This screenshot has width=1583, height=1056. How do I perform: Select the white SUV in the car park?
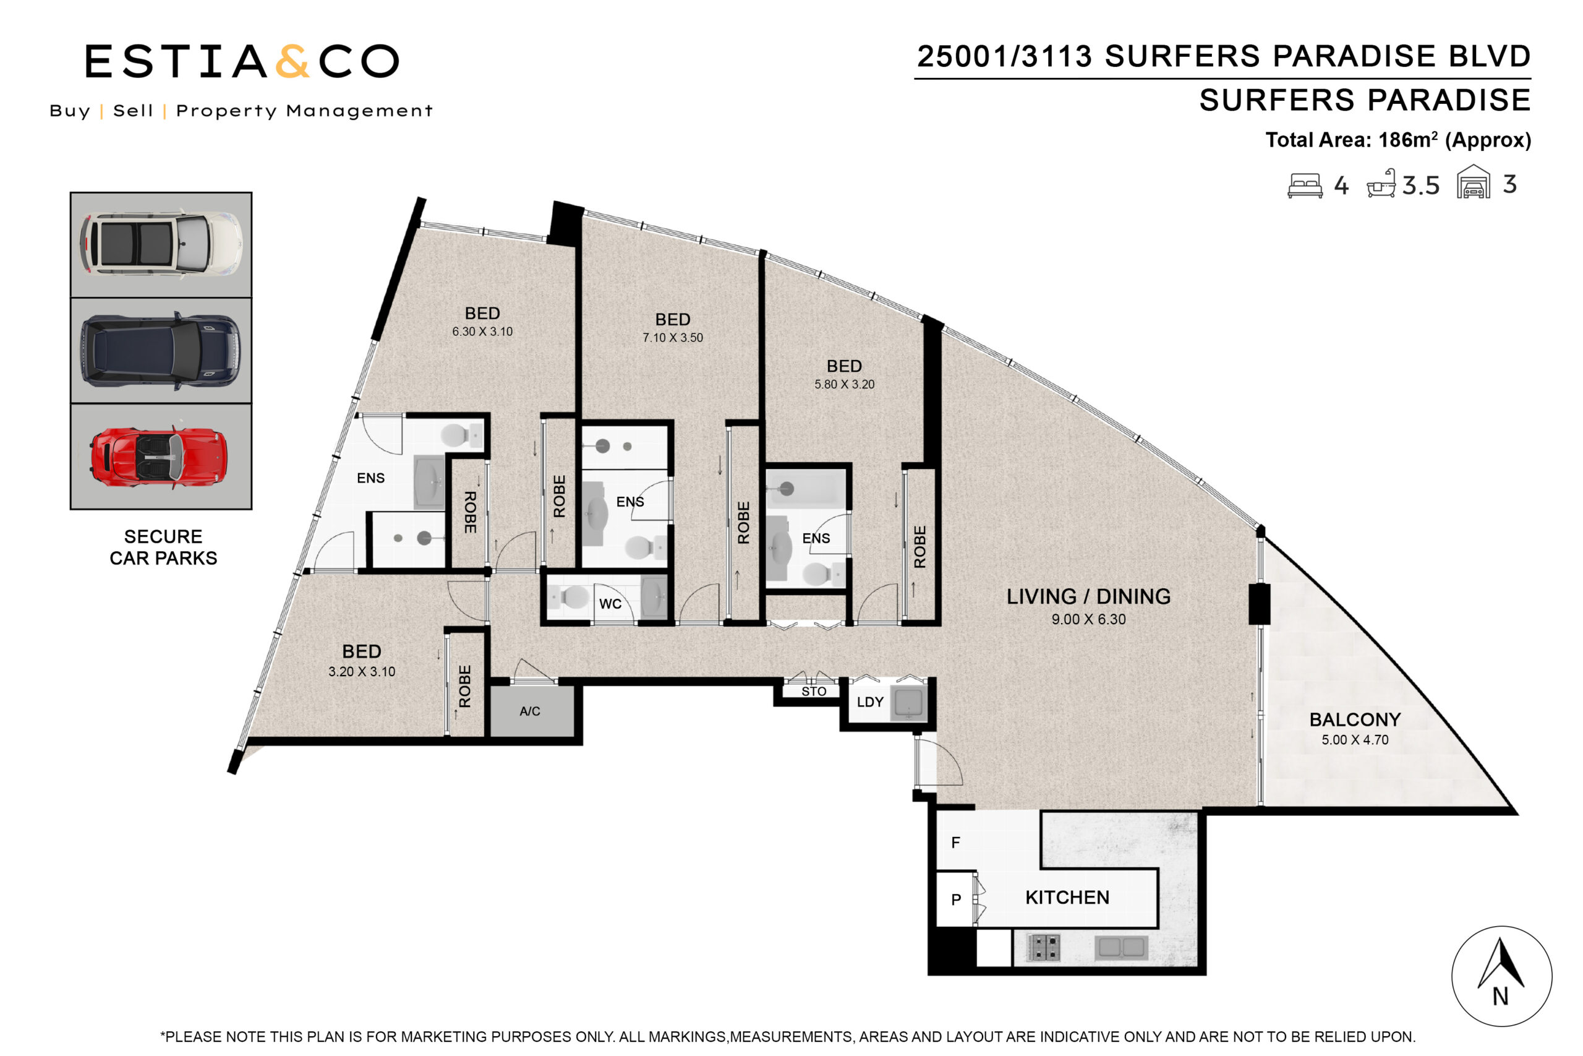coord(161,244)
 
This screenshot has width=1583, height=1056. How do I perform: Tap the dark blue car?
coord(160,350)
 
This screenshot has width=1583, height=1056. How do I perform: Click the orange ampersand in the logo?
coord(292,61)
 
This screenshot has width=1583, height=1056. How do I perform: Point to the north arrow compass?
coord(1501,977)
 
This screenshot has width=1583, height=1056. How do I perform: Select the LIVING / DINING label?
coord(1088,597)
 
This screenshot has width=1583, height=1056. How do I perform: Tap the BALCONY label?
coord(1355,720)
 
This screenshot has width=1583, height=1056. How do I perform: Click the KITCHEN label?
coord(1067,898)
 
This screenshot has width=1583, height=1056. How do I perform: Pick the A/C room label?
coord(530,711)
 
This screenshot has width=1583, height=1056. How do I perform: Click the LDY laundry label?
coord(869,702)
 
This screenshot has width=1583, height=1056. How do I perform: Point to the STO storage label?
coord(814,692)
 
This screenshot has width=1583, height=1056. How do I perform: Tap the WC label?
coord(610,604)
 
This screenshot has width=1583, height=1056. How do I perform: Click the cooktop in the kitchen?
coord(1044,947)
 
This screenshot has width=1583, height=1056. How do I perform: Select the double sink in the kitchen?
coord(1121,948)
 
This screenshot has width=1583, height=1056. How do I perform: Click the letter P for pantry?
coord(956,899)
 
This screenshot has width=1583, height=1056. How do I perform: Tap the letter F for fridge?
coord(955,843)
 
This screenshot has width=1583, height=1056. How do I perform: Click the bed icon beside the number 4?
coord(1304,185)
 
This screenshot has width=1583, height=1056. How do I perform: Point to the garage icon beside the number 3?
coord(1474,182)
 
